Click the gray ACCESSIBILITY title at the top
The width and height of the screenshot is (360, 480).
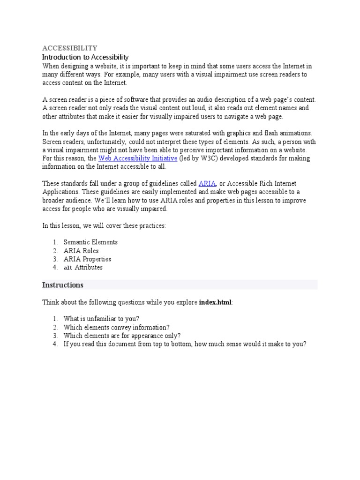(70, 48)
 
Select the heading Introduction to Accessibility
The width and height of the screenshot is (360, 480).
(85, 57)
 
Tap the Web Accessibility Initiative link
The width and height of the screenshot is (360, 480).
(137, 158)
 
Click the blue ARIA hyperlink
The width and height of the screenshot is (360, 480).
(207, 183)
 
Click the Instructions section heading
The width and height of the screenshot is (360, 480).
(63, 285)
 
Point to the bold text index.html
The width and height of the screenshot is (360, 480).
(215, 303)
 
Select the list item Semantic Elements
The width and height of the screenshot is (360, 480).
(90, 242)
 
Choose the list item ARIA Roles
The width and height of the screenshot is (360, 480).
(81, 251)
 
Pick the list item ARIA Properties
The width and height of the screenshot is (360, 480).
(87, 259)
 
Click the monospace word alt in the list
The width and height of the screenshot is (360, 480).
(68, 268)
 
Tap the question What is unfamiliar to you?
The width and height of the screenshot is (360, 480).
(101, 319)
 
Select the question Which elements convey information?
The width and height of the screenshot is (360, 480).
(117, 327)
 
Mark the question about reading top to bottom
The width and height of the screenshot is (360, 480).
(185, 344)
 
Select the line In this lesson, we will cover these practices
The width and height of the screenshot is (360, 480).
(104, 225)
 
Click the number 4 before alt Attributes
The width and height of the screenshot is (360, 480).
(55, 268)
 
